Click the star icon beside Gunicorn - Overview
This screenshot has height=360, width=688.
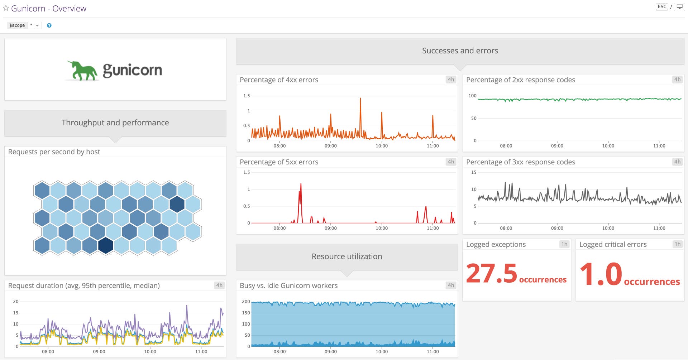(x=6, y=8)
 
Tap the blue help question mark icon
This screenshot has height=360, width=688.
(x=49, y=25)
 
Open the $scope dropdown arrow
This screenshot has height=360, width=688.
(x=37, y=25)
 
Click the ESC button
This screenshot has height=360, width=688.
(x=662, y=6)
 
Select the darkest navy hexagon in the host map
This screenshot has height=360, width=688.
(x=106, y=245)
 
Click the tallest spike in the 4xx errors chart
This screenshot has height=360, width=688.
(x=360, y=99)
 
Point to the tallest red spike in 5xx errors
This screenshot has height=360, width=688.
(x=301, y=185)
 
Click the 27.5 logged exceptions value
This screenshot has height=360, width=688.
(x=491, y=274)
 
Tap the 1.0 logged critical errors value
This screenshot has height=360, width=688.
(x=601, y=274)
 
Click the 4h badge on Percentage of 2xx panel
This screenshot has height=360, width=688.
(x=677, y=80)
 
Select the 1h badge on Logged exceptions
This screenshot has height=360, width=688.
(x=564, y=244)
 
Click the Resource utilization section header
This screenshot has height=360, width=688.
(x=347, y=256)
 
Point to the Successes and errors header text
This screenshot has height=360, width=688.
(x=460, y=51)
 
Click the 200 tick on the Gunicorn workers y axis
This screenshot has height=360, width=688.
(x=246, y=302)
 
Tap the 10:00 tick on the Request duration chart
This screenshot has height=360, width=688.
(x=150, y=352)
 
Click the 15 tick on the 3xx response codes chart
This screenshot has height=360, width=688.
(x=474, y=172)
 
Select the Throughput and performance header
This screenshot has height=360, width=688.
(x=115, y=123)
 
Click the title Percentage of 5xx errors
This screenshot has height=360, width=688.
(x=279, y=162)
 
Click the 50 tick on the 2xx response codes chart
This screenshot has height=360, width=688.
(x=474, y=118)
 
